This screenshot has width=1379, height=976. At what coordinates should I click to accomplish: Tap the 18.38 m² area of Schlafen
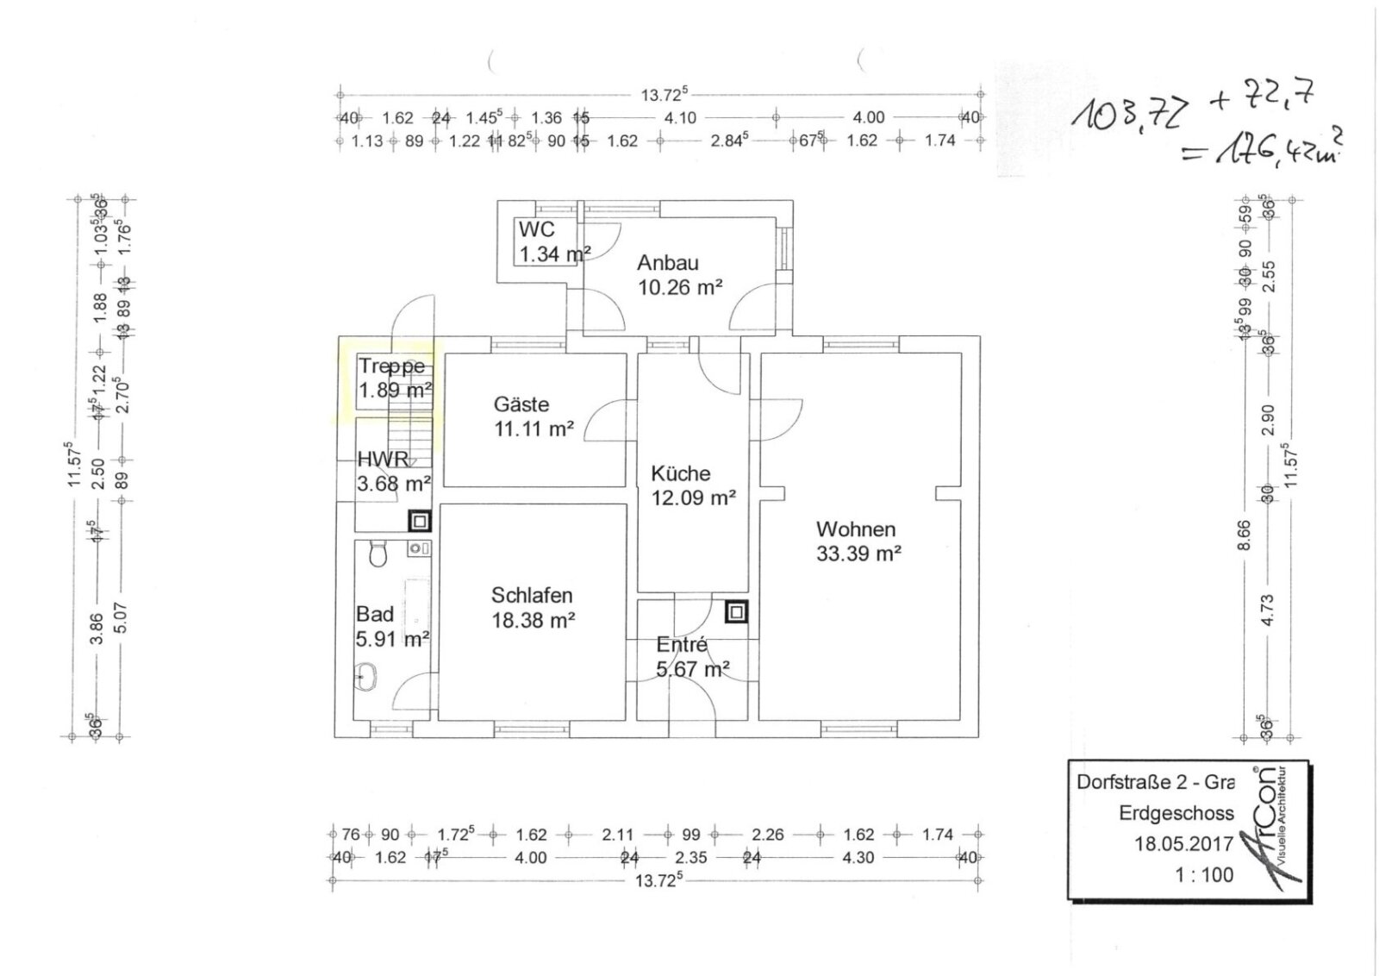pos(533,620)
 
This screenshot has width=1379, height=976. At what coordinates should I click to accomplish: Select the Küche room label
pos(680,473)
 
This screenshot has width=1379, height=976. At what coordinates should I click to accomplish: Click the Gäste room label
pos(521,404)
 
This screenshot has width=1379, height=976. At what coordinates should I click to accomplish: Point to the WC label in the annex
pos(536,230)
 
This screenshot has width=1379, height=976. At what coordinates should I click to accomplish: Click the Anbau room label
pos(667,263)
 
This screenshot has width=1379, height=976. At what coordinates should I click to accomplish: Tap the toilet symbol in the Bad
pos(377,554)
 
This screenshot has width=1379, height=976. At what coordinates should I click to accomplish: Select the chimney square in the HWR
pos(419,521)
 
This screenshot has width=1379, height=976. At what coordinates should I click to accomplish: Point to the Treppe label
pos(392,366)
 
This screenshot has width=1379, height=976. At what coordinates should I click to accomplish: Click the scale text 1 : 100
pos(1204,874)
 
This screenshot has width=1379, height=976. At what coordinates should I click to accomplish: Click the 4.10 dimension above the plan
pos(680,117)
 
